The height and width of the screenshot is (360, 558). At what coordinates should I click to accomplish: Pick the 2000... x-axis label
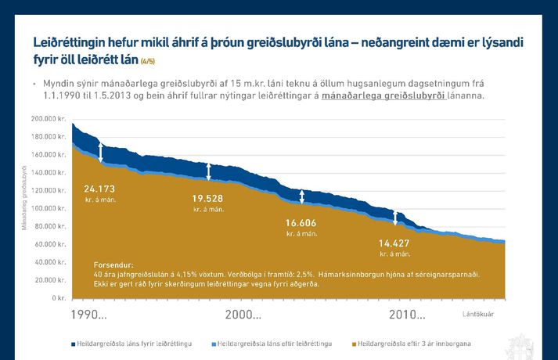(x=243, y=315)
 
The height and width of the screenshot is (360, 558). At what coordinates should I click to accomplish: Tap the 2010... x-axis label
(x=407, y=315)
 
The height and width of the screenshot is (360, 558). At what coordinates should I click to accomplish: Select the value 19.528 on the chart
(x=208, y=199)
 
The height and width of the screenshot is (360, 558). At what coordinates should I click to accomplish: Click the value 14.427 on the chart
(x=394, y=243)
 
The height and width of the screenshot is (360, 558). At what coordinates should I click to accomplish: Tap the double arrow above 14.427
(x=395, y=218)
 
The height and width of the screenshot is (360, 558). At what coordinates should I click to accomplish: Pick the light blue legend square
(x=212, y=344)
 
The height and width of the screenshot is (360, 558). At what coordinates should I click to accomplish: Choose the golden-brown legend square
(x=354, y=344)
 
